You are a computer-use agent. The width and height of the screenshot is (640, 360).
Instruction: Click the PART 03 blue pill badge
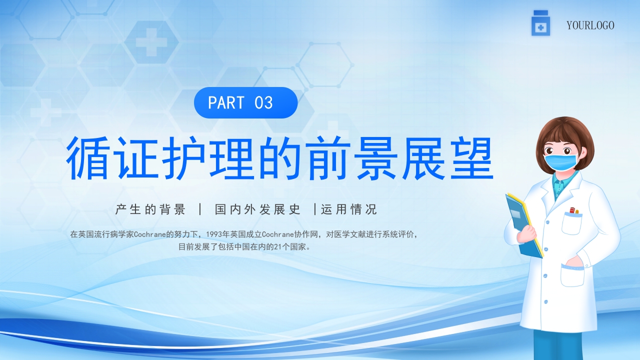pyautogui.click(x=245, y=103)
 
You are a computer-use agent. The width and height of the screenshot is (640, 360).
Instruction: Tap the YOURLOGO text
pyautogui.click(x=590, y=25)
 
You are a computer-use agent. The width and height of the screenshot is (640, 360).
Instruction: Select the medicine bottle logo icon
pyautogui.click(x=540, y=23)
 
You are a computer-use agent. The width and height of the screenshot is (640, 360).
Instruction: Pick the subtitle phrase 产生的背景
pyautogui.click(x=150, y=209)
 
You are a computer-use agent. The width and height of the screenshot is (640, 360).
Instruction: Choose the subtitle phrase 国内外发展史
pyautogui.click(x=257, y=209)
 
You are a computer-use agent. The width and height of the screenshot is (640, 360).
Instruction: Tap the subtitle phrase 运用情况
pyautogui.click(x=349, y=209)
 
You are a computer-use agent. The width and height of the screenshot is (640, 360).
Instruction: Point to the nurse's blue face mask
pyautogui.click(x=560, y=161)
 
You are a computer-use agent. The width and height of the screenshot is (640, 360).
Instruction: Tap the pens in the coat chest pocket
pyautogui.click(x=573, y=211)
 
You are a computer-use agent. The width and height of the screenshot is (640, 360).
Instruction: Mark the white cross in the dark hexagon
pyautogui.click(x=151, y=41)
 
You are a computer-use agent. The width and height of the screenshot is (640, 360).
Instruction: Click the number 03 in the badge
pyautogui.click(x=263, y=103)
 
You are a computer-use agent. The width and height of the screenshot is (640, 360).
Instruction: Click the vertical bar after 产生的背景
pyautogui.click(x=200, y=209)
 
